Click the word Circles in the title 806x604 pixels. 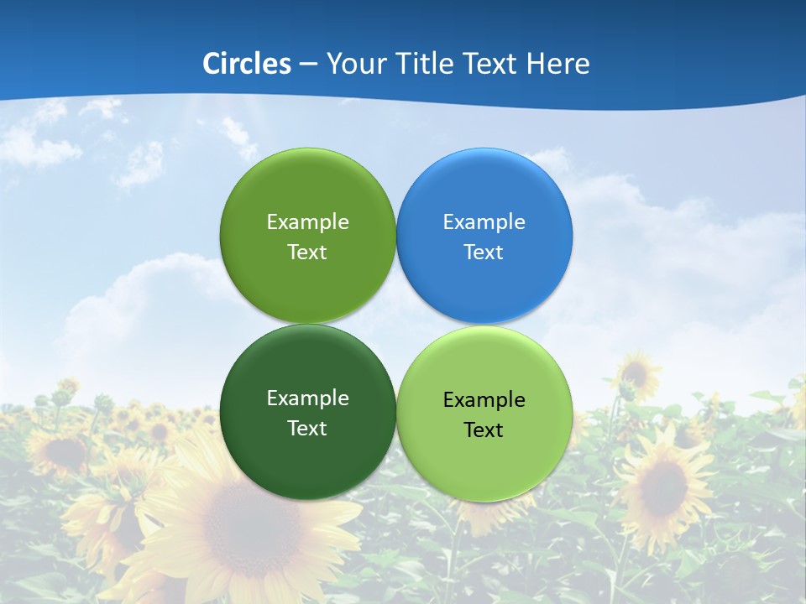(247, 64)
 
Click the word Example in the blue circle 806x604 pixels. (484, 222)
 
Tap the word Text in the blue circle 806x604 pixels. (484, 253)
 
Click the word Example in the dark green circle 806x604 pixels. (307, 398)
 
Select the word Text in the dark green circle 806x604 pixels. (307, 429)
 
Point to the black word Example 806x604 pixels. (484, 400)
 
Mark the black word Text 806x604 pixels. (484, 430)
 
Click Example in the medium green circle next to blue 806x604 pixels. (307, 222)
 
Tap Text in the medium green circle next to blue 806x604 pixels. (307, 253)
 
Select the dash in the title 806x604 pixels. (308, 65)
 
